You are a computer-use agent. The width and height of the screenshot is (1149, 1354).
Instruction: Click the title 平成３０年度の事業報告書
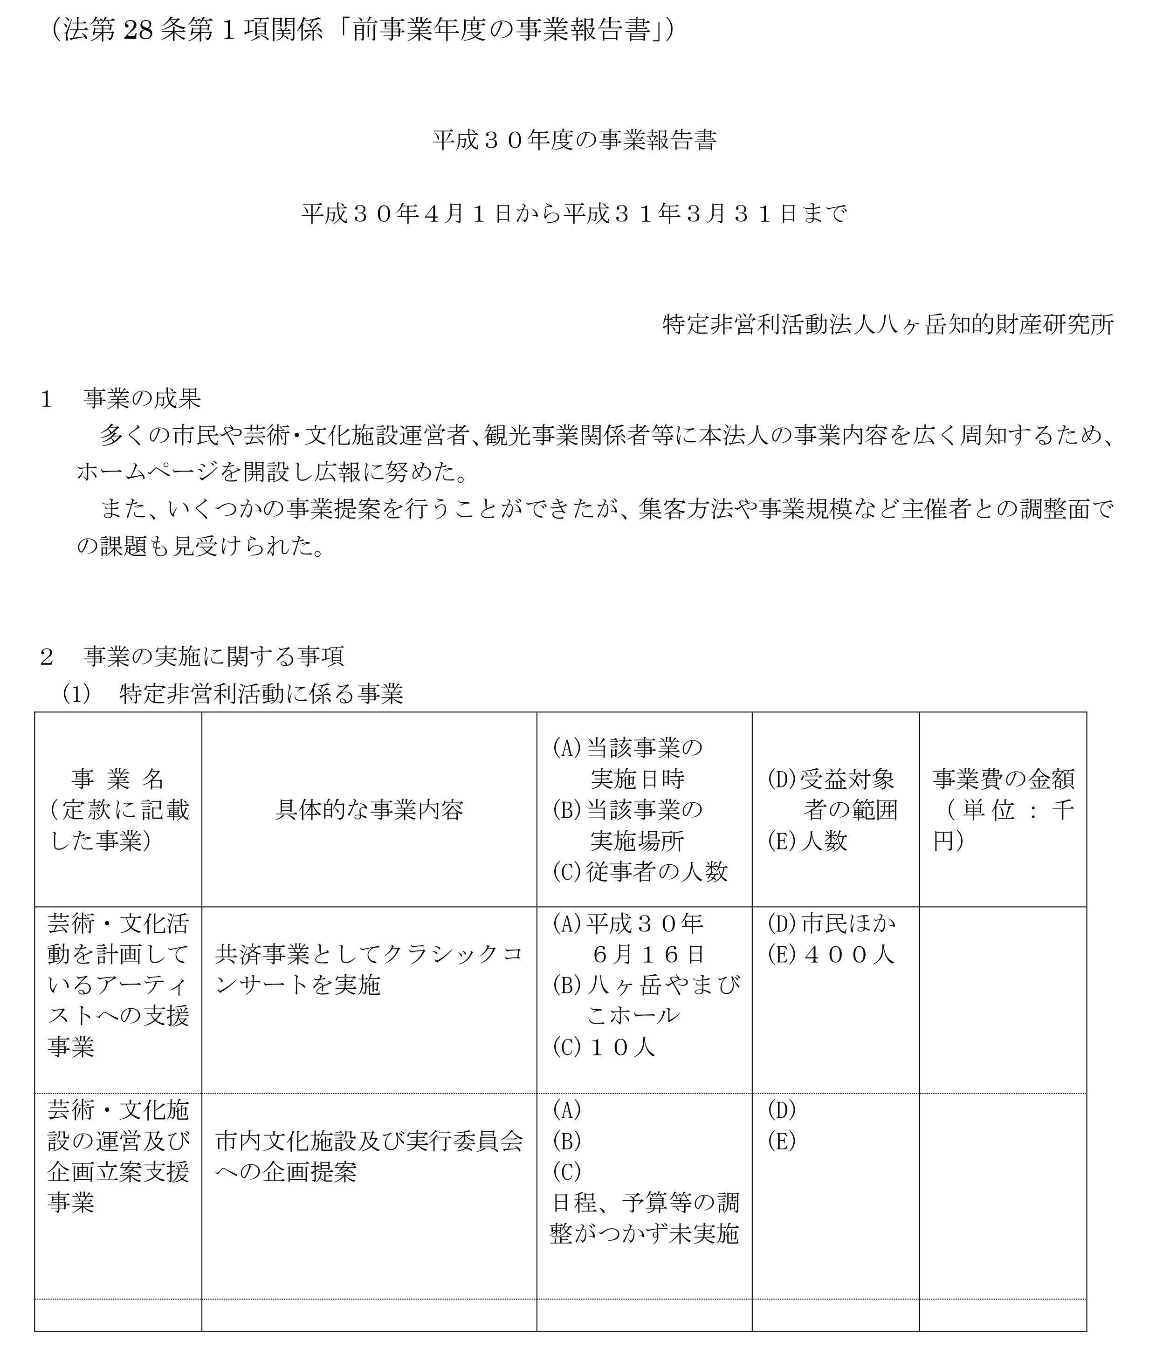tap(574, 141)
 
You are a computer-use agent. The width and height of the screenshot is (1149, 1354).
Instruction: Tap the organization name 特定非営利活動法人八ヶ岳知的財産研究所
tap(887, 325)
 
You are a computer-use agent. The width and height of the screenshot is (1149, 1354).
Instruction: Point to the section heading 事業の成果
tap(142, 399)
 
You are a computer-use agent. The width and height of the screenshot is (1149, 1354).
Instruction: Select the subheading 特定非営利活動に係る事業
tap(261, 694)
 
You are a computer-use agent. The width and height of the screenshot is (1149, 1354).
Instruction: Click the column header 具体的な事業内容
tap(369, 810)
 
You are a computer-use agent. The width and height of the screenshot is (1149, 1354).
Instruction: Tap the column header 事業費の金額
tap(1003, 779)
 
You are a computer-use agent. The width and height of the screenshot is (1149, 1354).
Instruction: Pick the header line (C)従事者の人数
tap(640, 872)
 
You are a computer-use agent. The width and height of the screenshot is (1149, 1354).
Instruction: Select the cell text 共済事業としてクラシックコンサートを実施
tap(369, 969)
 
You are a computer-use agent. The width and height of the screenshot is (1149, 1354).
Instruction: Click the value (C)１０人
tap(603, 1047)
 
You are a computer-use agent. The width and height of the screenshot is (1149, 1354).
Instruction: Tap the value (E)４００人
tap(831, 954)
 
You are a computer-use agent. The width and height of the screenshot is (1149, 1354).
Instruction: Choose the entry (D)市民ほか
tap(831, 923)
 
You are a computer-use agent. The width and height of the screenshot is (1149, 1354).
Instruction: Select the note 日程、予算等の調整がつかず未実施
tap(644, 1218)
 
